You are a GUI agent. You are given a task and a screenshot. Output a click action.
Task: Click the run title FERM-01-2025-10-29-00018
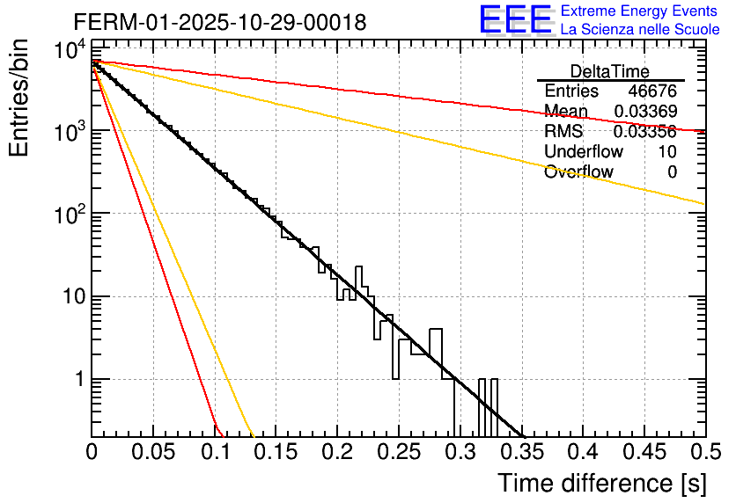coord(220,22)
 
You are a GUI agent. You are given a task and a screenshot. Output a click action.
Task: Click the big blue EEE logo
coord(515,19)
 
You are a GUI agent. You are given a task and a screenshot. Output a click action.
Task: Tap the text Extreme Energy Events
coord(640,11)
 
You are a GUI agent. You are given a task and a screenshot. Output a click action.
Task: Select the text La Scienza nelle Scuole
coord(640,30)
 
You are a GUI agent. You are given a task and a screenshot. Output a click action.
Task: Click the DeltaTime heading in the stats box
coord(609,71)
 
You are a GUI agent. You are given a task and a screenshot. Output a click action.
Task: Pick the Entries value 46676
coord(651,91)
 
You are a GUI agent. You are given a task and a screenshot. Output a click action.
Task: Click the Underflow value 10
coord(666,151)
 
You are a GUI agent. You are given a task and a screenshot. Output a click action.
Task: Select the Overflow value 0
coord(672,171)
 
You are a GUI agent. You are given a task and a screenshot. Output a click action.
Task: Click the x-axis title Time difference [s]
coord(600,483)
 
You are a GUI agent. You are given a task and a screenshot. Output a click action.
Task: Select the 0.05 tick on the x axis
coord(152,452)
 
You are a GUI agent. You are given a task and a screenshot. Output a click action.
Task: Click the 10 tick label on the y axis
coord(67,296)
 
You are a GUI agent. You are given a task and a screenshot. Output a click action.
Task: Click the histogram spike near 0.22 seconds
coord(359,267)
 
